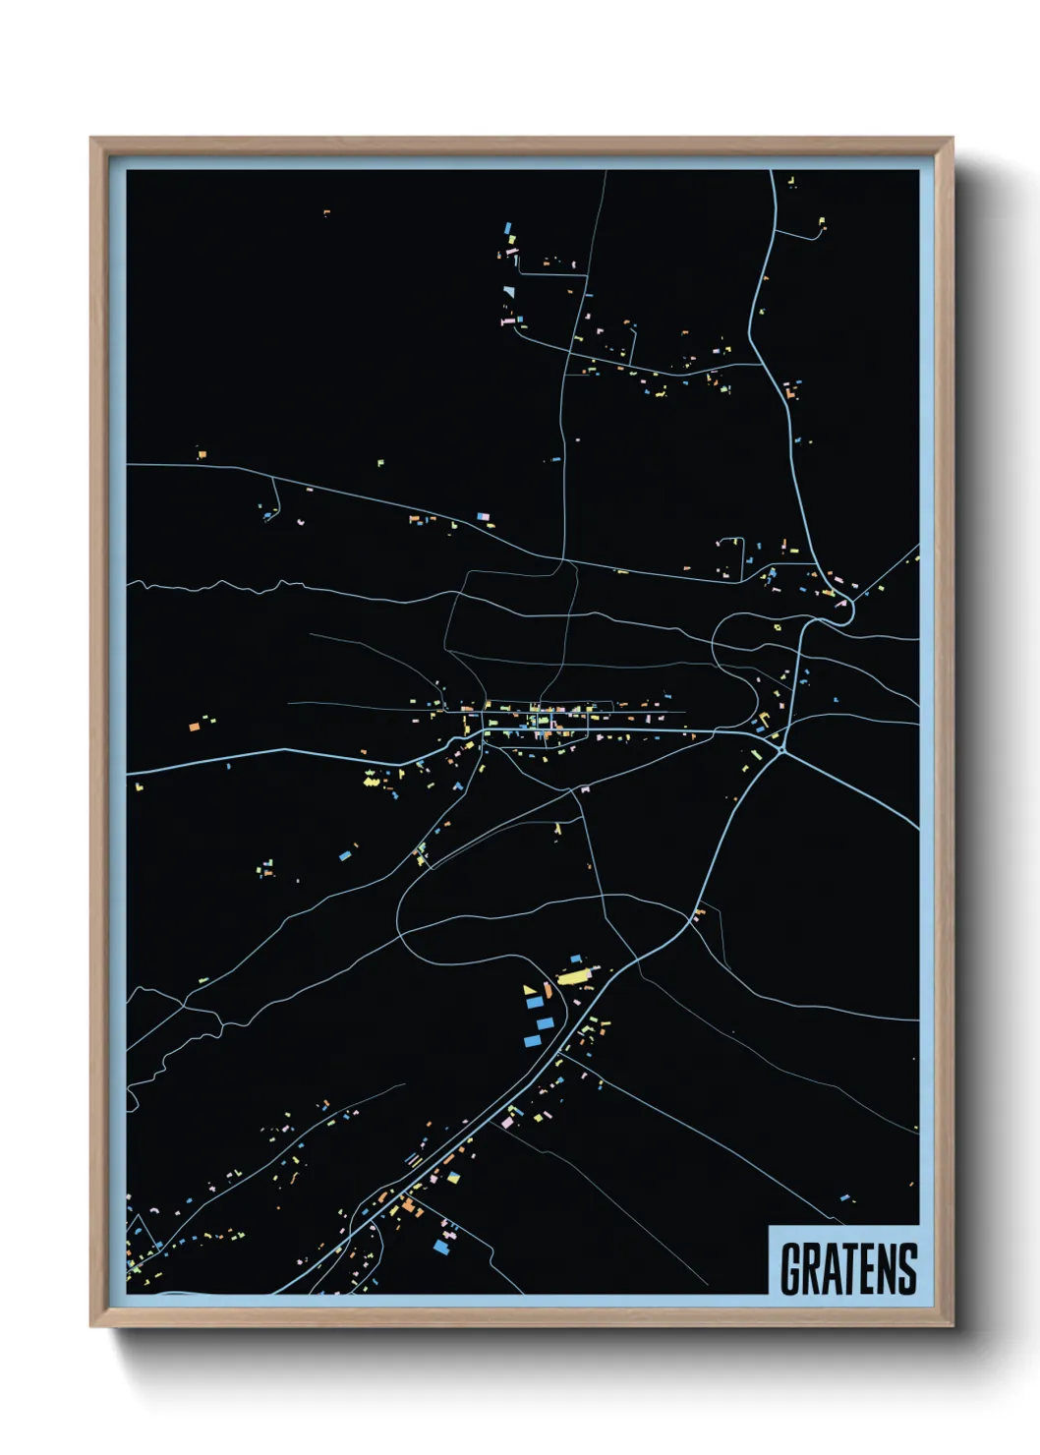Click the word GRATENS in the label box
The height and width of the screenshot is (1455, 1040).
point(848,1268)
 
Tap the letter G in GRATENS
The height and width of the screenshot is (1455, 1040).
point(790,1268)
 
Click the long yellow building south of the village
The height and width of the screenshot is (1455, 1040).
point(572,977)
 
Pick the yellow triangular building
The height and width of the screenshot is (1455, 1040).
point(530,990)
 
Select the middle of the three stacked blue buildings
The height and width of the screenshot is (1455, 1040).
point(544,1023)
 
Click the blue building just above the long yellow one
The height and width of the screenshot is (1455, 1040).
point(577,958)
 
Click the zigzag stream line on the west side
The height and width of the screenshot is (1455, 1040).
point(226,587)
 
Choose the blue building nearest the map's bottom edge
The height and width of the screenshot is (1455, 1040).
point(441,1247)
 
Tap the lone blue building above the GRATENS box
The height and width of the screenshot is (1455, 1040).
point(844,1197)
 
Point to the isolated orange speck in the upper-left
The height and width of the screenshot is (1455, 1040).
point(326,211)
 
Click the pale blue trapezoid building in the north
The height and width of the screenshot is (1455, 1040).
point(508,291)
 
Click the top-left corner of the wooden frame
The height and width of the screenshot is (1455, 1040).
point(91,139)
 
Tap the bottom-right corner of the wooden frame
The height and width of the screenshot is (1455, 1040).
point(952,1326)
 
